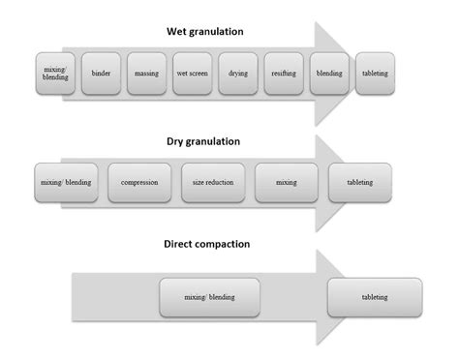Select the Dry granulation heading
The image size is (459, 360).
(x=203, y=141)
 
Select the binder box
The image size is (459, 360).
(x=102, y=74)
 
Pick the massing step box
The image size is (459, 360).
(x=147, y=74)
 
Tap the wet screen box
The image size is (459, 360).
(x=192, y=74)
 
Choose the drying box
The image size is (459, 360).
(x=237, y=74)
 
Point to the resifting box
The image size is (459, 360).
(x=284, y=74)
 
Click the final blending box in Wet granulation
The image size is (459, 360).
(x=329, y=74)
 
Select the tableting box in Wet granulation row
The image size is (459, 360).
(x=376, y=74)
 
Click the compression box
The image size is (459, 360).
(x=139, y=182)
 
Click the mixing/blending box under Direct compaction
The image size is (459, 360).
(x=209, y=298)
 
